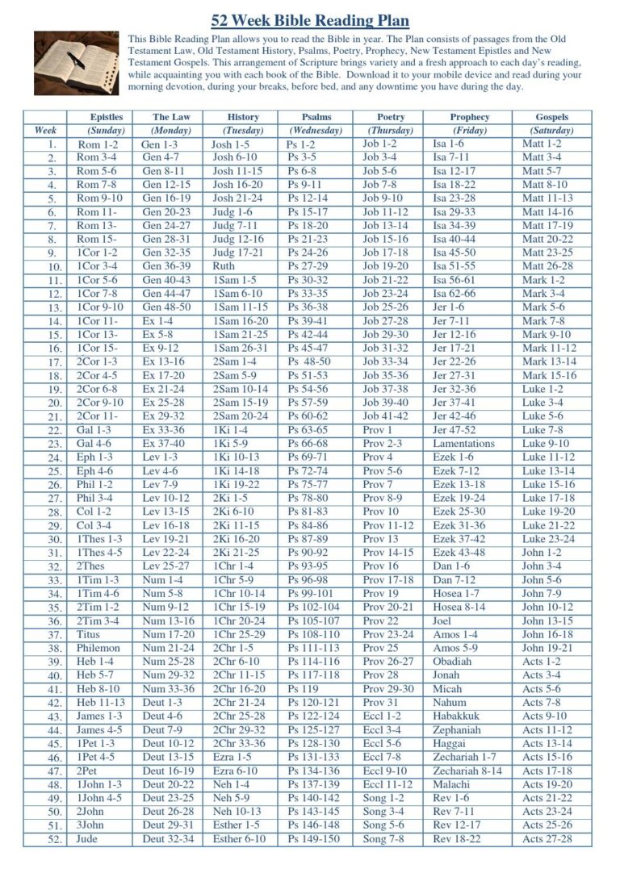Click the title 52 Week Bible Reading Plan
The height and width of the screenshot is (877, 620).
pyautogui.click(x=310, y=21)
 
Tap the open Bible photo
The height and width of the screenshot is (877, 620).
pyautogui.click(x=76, y=63)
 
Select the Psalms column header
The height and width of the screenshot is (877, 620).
pyautogui.click(x=316, y=117)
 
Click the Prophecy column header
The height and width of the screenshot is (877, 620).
pyautogui.click(x=469, y=117)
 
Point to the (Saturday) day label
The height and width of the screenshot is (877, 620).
pyautogui.click(x=551, y=130)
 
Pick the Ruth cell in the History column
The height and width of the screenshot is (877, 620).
pyautogui.click(x=224, y=266)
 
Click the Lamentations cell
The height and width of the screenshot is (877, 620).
pyautogui.click(x=463, y=444)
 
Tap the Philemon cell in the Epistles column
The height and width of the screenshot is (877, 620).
pyautogui.click(x=98, y=648)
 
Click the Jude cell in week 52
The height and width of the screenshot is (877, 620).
pyautogui.click(x=86, y=839)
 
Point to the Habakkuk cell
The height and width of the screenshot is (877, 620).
pyautogui.click(x=456, y=716)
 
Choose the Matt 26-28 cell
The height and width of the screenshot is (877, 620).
pyautogui.click(x=547, y=266)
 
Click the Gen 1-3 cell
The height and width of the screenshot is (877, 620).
pyautogui.click(x=160, y=144)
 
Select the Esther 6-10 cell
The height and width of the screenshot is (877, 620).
pyautogui.click(x=239, y=839)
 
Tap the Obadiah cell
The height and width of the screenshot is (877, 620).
pyautogui.click(x=452, y=662)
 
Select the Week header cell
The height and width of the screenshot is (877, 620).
pyautogui.click(x=45, y=130)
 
